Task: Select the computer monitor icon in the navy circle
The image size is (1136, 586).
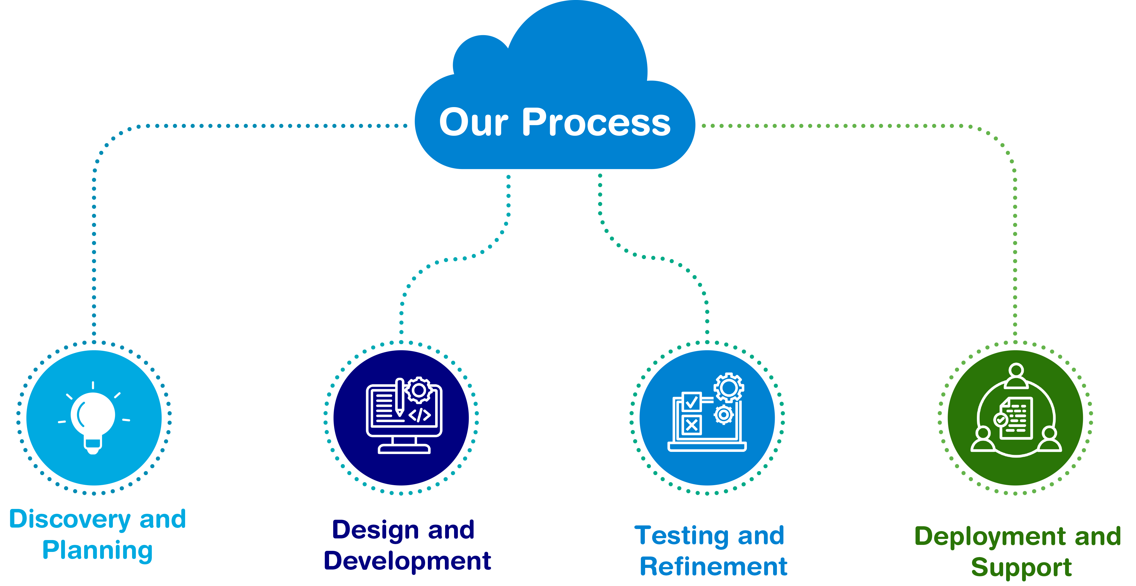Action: tap(403, 416)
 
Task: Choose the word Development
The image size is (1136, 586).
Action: tap(407, 561)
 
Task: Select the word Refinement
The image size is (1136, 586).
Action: tap(713, 567)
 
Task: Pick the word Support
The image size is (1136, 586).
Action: tap(1021, 568)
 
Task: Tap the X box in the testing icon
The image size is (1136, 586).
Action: tap(691, 425)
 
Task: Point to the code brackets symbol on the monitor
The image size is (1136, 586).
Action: tap(419, 415)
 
